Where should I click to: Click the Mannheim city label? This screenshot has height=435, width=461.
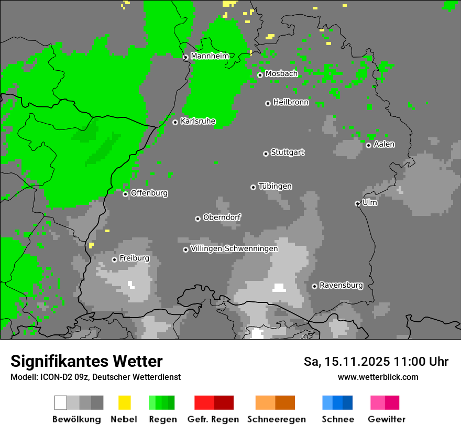pos(210,56)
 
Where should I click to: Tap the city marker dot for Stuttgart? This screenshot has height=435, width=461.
pos(266,154)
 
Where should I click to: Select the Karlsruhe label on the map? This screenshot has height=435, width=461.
pos(198,122)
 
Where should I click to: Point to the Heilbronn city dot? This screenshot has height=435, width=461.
pos(268,103)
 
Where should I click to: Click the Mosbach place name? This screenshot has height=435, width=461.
pos(281,74)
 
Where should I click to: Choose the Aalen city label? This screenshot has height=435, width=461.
pos(384,145)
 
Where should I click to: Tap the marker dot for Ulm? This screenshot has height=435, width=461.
pos(357,203)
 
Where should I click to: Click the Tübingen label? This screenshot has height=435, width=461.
pos(275,187)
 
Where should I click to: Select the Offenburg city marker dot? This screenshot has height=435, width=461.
pos(125,194)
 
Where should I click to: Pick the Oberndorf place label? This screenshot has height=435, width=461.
pos(222,217)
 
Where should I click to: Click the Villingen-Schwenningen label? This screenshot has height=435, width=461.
pos(234,249)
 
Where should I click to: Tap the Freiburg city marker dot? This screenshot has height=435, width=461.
pos(114,259)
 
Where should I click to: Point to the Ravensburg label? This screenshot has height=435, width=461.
pos(341,286)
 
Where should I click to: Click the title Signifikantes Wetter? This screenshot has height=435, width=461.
pos(86,362)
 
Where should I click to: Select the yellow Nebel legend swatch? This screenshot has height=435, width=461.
pos(124,403)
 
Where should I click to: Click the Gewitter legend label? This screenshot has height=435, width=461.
pos(387,419)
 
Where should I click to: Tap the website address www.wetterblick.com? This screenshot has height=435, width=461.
pos(378,377)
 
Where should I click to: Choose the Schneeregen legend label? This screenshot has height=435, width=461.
pos(277,419)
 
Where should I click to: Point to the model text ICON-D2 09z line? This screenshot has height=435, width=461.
pos(95,377)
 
